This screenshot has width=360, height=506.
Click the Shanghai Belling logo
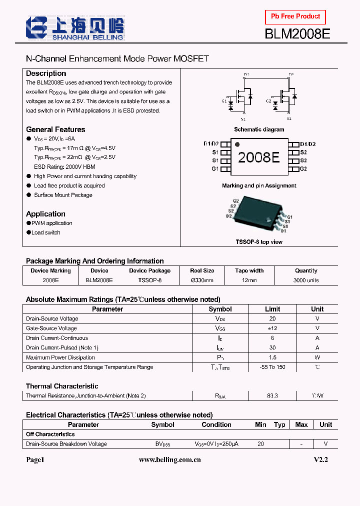click(75, 28)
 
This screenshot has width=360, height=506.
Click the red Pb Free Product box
click(295, 17)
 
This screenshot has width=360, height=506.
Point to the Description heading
click(46, 73)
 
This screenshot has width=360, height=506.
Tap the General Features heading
click(55, 129)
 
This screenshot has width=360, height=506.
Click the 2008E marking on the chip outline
click(258, 157)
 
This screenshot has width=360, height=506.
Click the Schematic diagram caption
click(259, 129)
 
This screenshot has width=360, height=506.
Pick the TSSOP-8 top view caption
click(259, 242)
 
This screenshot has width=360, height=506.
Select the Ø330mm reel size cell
click(202, 280)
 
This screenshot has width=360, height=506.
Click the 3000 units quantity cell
click(306, 280)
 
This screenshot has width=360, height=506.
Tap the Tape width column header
click(249, 270)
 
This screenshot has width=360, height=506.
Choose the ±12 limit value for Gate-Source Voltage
click(272, 328)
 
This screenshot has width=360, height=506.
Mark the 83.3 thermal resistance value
click(272, 395)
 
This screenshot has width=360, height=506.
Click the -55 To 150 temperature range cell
click(272, 367)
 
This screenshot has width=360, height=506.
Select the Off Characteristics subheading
click(50, 434)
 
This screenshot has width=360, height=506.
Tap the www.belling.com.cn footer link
click(169, 459)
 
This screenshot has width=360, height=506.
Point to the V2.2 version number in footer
click(320, 459)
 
